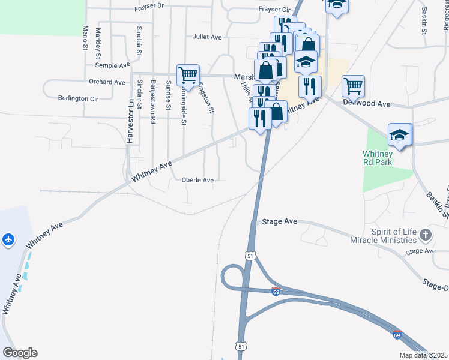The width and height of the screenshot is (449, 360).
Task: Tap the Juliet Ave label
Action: (207, 37)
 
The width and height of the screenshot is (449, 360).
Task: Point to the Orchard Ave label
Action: (107, 82)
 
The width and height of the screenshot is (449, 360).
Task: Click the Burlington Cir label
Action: (78, 98)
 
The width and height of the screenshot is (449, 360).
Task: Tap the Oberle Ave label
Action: (197, 180)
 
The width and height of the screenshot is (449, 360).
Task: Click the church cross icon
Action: (426, 235)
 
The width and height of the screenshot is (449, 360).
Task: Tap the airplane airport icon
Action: (8, 239)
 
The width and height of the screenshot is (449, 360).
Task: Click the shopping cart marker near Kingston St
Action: (188, 76)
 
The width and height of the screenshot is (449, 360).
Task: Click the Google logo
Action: (20, 353)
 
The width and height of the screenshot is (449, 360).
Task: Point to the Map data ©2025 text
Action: (424, 355)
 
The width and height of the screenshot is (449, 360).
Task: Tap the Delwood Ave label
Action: (367, 104)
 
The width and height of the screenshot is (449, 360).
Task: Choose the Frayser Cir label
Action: (274, 10)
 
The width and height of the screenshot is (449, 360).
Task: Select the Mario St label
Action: (86, 37)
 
